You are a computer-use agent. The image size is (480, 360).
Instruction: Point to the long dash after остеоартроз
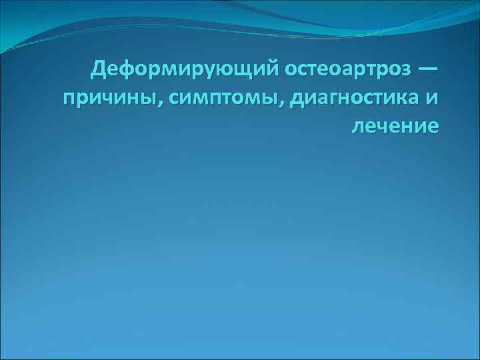[427, 68]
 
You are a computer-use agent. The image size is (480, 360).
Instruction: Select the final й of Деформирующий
[273, 68]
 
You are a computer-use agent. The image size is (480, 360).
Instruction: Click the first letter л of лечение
[359, 127]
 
